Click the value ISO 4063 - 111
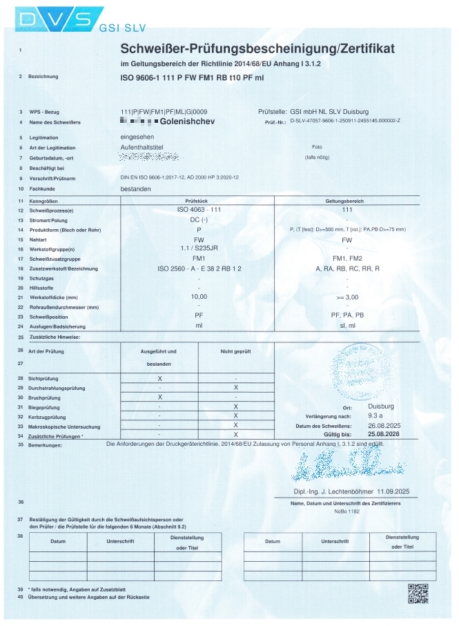point(199,209)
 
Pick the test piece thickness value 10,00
point(199,297)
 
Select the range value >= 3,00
point(347,297)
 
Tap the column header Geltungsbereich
point(347,199)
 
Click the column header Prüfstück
point(199,199)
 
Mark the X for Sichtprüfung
point(159,379)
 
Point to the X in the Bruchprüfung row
point(159,397)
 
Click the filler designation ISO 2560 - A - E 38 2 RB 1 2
point(199,268)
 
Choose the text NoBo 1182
point(346,512)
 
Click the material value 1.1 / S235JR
point(199,248)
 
